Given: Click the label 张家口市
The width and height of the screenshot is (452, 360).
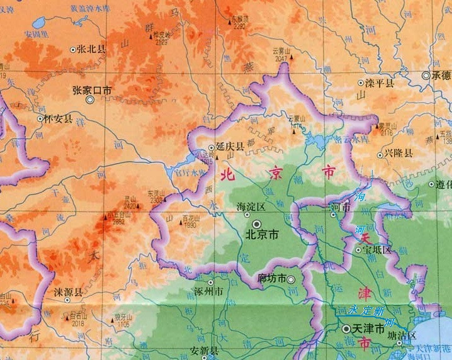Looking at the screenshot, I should tap(92, 90).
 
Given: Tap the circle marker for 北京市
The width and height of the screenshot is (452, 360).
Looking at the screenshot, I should tap(257, 224).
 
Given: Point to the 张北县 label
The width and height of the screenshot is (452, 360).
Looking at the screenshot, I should tap(92, 48).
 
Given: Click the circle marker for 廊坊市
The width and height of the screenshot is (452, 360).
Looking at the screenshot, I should tap(291, 278).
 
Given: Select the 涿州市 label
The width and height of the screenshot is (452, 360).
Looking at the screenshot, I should tap(210, 292).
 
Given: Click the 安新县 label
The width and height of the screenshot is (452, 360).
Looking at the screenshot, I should tap(205, 351).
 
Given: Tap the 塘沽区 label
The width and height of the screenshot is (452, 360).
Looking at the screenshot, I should tap(402, 336).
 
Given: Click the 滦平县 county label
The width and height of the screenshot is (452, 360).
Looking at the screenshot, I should tap(380, 83).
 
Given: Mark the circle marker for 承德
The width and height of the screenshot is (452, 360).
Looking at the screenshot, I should tap(427, 76).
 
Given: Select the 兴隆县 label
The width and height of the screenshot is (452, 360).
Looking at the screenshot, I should tap(399, 154).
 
